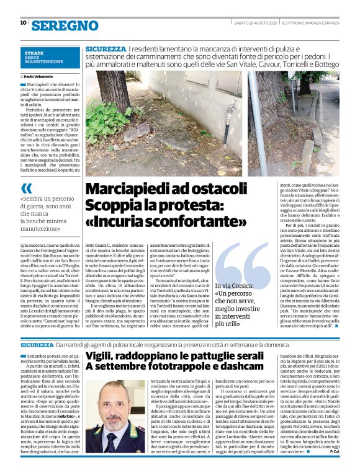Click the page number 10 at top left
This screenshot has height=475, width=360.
coord(23,23)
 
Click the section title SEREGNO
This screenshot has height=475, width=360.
coord(65,25)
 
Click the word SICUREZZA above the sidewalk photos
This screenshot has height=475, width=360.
coord(106,48)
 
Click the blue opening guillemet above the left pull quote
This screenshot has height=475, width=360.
coord(26,189)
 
